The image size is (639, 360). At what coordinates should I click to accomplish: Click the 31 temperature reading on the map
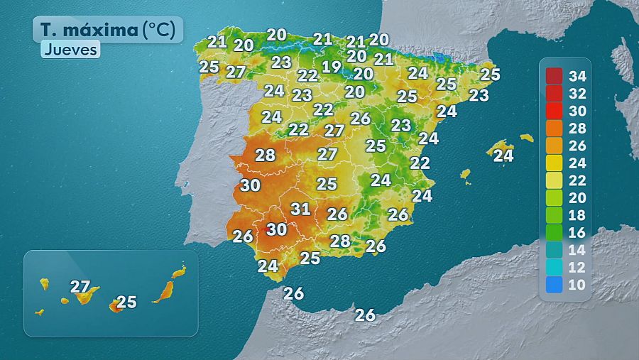tap(301, 209)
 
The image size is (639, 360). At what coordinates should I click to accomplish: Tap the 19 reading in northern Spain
tap(332, 67)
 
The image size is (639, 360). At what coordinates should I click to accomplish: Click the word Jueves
tap(70, 50)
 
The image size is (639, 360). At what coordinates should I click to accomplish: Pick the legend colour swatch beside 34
tap(555, 76)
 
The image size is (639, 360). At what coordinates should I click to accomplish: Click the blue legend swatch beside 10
tap(555, 285)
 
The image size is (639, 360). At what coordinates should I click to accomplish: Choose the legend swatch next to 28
tap(555, 128)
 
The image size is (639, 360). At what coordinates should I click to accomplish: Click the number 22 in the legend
tap(577, 180)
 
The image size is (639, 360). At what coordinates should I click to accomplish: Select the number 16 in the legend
tap(577, 233)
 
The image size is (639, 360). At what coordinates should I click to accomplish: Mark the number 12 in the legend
tap(577, 268)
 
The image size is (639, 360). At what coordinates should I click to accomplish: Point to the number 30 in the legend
tap(577, 111)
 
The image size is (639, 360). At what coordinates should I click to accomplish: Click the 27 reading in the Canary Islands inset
tap(80, 287)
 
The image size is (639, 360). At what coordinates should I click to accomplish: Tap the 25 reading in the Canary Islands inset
tap(126, 302)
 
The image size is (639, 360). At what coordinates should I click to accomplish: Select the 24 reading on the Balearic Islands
tap(503, 155)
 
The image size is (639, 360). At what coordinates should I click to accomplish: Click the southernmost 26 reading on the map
tap(365, 315)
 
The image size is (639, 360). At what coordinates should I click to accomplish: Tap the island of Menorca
tap(526, 138)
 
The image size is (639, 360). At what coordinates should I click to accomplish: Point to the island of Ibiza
tap(466, 174)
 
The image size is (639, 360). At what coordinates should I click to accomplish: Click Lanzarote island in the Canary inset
tap(179, 271)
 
